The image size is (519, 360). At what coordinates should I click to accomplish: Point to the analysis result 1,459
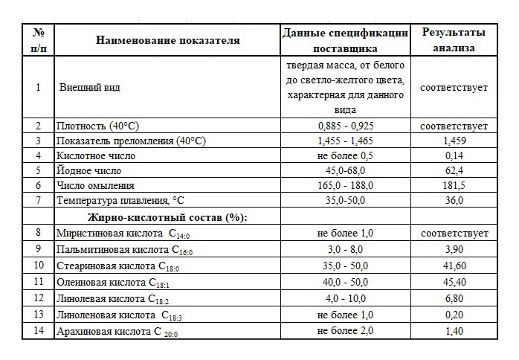pos(454,141)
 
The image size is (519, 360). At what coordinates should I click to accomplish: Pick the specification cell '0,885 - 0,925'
pos(345,126)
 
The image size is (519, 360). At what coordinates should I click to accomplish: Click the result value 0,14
pos(454,155)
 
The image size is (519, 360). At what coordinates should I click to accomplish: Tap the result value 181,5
pos(454,185)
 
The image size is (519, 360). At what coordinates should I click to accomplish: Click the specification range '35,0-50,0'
pos(345,200)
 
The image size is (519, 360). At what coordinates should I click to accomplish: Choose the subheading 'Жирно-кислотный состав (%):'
pos(167,216)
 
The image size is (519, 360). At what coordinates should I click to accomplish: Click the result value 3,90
pos(454,248)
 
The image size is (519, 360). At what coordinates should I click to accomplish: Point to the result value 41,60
pos(454,265)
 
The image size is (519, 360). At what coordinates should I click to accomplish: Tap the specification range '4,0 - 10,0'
pos(345,298)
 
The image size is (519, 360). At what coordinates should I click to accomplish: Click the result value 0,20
pos(454,315)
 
